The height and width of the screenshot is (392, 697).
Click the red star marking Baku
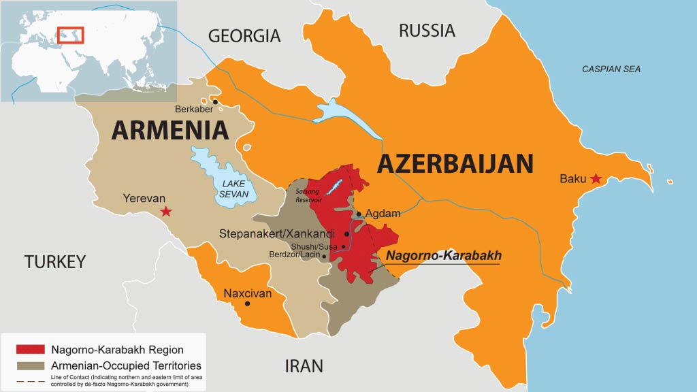[596, 179]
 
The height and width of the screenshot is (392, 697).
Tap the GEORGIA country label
[244, 35]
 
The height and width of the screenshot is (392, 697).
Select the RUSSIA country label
[427, 30]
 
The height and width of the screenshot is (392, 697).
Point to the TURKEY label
[55, 261]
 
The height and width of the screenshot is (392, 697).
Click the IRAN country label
[303, 366]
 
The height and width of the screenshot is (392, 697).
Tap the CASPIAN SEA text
[611, 69]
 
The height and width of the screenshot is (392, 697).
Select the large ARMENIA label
[169, 129]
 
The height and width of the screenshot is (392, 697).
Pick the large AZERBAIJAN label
[455, 163]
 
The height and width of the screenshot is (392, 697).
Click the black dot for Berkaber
[215, 102]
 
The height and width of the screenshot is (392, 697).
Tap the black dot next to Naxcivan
[247, 304]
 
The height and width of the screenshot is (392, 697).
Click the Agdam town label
[383, 214]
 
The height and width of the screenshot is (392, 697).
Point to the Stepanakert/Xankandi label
[281, 233]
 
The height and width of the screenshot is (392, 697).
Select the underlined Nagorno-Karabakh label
[444, 256]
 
